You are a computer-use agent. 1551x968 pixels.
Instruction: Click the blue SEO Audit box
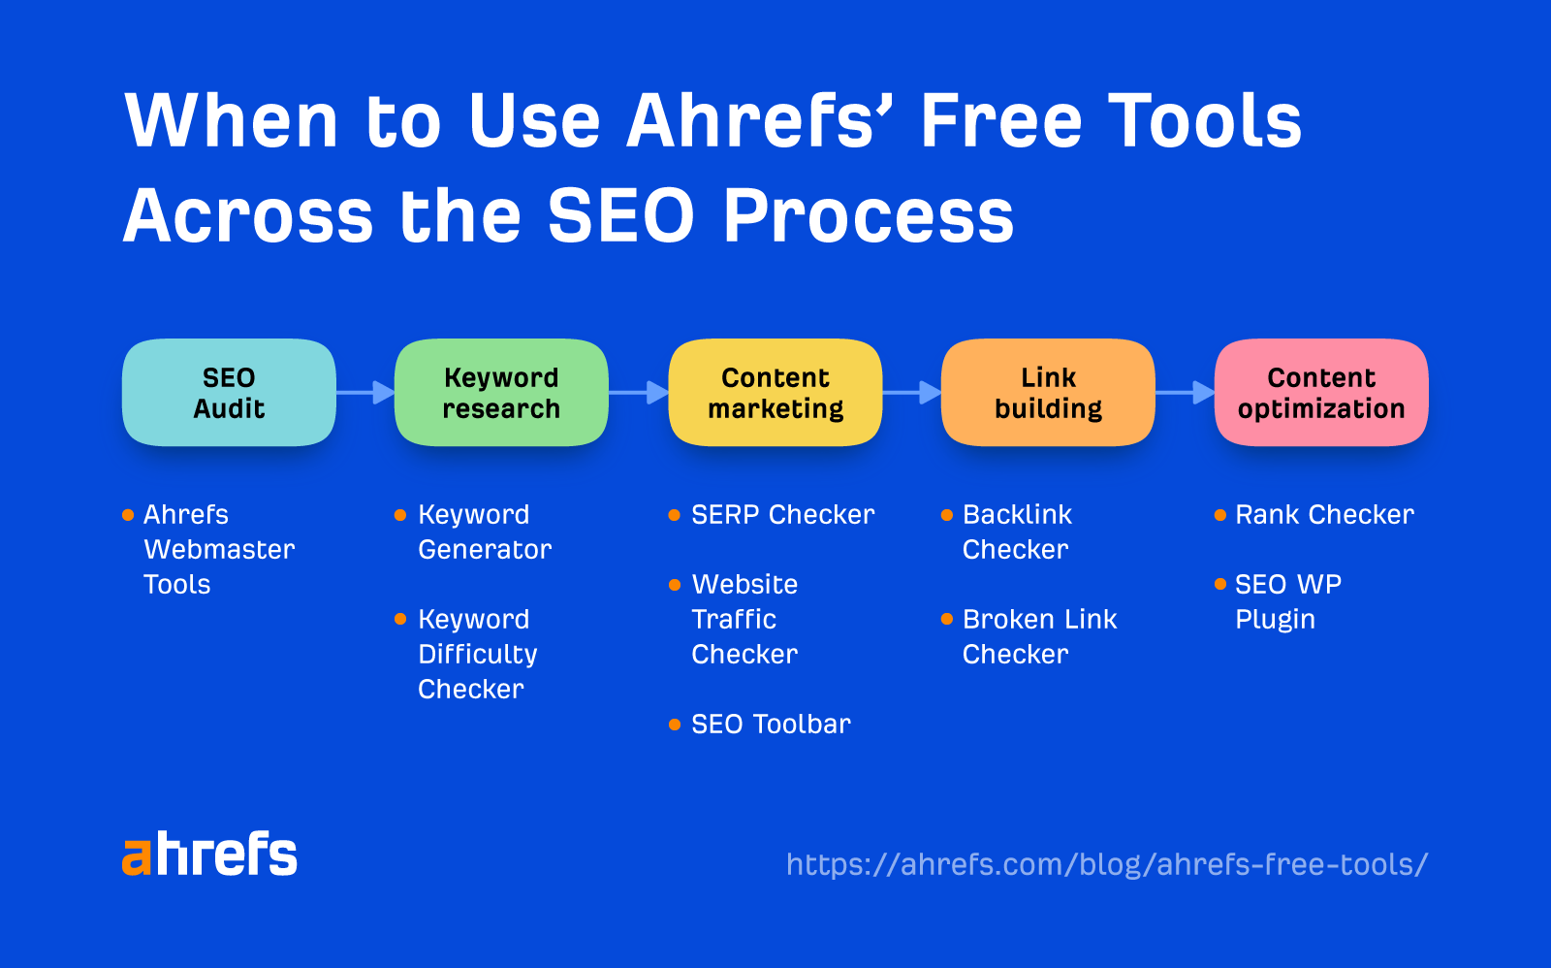coord(229,393)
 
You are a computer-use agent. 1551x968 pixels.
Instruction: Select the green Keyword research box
coord(501,393)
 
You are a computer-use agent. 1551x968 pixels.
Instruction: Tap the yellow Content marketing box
coord(775,393)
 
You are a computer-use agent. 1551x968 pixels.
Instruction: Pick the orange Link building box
coord(1048,393)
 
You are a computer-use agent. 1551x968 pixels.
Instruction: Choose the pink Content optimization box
coord(1321,393)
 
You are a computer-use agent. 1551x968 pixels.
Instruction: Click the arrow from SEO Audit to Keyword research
coord(365,393)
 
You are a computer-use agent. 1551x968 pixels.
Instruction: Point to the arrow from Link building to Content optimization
coord(1185,393)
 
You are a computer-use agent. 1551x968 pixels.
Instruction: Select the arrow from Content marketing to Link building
coord(911,393)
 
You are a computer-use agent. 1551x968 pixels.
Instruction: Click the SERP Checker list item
coord(782,515)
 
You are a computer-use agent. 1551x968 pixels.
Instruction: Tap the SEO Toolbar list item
coord(771,725)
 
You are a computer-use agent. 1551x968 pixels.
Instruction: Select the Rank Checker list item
coord(1324,515)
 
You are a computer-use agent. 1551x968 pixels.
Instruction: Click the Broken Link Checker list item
coord(1039,636)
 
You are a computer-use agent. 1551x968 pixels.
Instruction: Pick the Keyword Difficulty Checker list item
coord(477,654)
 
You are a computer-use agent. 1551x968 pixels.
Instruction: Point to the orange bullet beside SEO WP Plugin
coord(1220,584)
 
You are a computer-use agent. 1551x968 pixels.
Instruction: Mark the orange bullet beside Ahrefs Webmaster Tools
coord(128,515)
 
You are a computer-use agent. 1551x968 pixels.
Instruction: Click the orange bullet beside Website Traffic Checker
coord(675,585)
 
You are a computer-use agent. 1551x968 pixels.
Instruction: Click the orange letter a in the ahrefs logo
coord(137,856)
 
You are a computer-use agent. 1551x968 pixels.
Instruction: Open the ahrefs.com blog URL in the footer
coord(1107,864)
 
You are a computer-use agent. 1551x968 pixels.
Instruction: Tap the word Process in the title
coord(869,215)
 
